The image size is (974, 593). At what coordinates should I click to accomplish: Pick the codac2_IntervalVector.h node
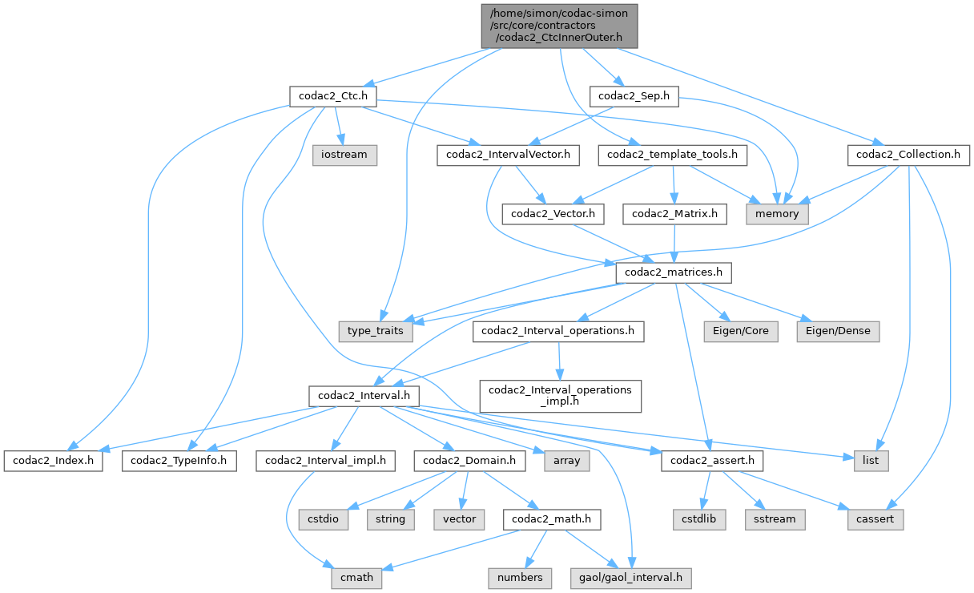pyautogui.click(x=509, y=155)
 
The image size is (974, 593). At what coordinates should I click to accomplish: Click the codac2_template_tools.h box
pyautogui.click(x=673, y=155)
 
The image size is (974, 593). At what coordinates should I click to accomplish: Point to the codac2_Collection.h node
pyautogui.click(x=908, y=155)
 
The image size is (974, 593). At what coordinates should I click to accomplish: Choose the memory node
pyautogui.click(x=777, y=214)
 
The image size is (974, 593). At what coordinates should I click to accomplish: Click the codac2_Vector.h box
pyautogui.click(x=553, y=214)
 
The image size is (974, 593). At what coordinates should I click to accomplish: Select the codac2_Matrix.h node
pyautogui.click(x=679, y=214)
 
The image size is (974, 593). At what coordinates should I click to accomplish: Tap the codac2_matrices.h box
pyautogui.click(x=673, y=273)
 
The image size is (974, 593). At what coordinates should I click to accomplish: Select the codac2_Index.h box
pyautogui.click(x=53, y=461)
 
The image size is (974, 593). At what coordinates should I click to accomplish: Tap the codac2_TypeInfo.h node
pyautogui.click(x=179, y=461)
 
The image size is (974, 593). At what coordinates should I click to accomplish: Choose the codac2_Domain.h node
pyautogui.click(x=470, y=461)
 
